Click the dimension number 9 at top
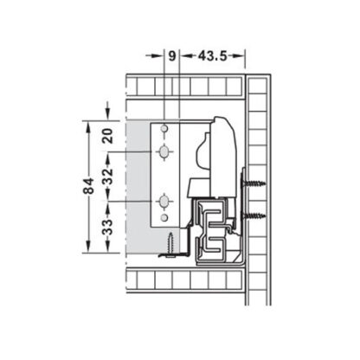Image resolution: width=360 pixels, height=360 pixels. click(172, 56)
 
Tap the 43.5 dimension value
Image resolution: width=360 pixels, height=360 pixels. click(212, 56)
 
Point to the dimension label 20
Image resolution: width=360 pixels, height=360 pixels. click(107, 135)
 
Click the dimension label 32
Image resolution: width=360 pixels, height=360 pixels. click(107, 177)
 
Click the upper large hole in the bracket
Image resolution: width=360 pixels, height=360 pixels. click(163, 153)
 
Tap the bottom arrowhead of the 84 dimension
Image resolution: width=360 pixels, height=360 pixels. click(87, 247)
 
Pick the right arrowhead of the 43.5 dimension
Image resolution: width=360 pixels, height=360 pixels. click(244, 56)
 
